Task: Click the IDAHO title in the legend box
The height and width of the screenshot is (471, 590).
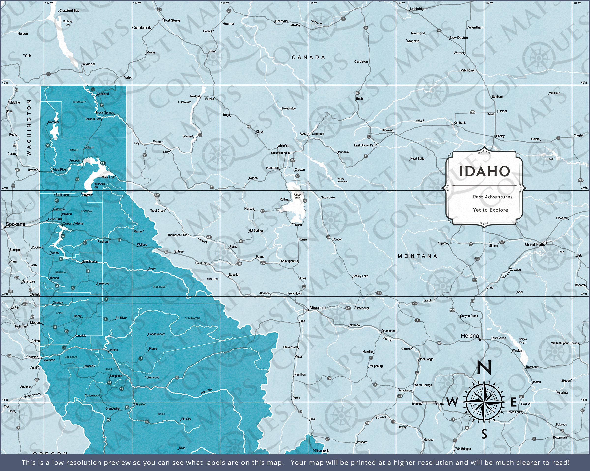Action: coord(484,171)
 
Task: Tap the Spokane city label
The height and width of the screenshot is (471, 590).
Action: coord(15,224)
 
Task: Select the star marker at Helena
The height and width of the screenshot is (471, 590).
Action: coord(480,340)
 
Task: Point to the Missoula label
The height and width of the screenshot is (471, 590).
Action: coord(317,308)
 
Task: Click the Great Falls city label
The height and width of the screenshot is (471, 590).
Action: coord(535,244)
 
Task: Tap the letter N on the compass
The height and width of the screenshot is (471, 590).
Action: coord(484,367)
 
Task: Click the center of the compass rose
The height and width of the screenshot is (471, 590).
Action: coord(484,402)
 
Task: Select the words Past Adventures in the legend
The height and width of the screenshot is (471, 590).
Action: coord(493,197)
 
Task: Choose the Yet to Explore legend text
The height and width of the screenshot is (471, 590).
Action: coord(490,210)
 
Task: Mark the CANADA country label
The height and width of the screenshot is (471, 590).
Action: coord(309,57)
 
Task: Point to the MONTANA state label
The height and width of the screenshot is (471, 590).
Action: coord(417,256)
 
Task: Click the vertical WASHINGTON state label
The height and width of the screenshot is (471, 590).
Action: coord(29,127)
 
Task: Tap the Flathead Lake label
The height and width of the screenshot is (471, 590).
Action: coord(297,196)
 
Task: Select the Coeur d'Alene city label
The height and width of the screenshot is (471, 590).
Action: coord(73,224)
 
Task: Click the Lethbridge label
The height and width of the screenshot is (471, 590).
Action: coord(417,9)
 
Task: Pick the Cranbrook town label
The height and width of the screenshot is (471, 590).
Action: coord(142,27)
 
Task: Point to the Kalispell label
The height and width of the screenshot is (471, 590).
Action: coord(272,168)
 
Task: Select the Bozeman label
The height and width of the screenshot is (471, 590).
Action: coord(560,437)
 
